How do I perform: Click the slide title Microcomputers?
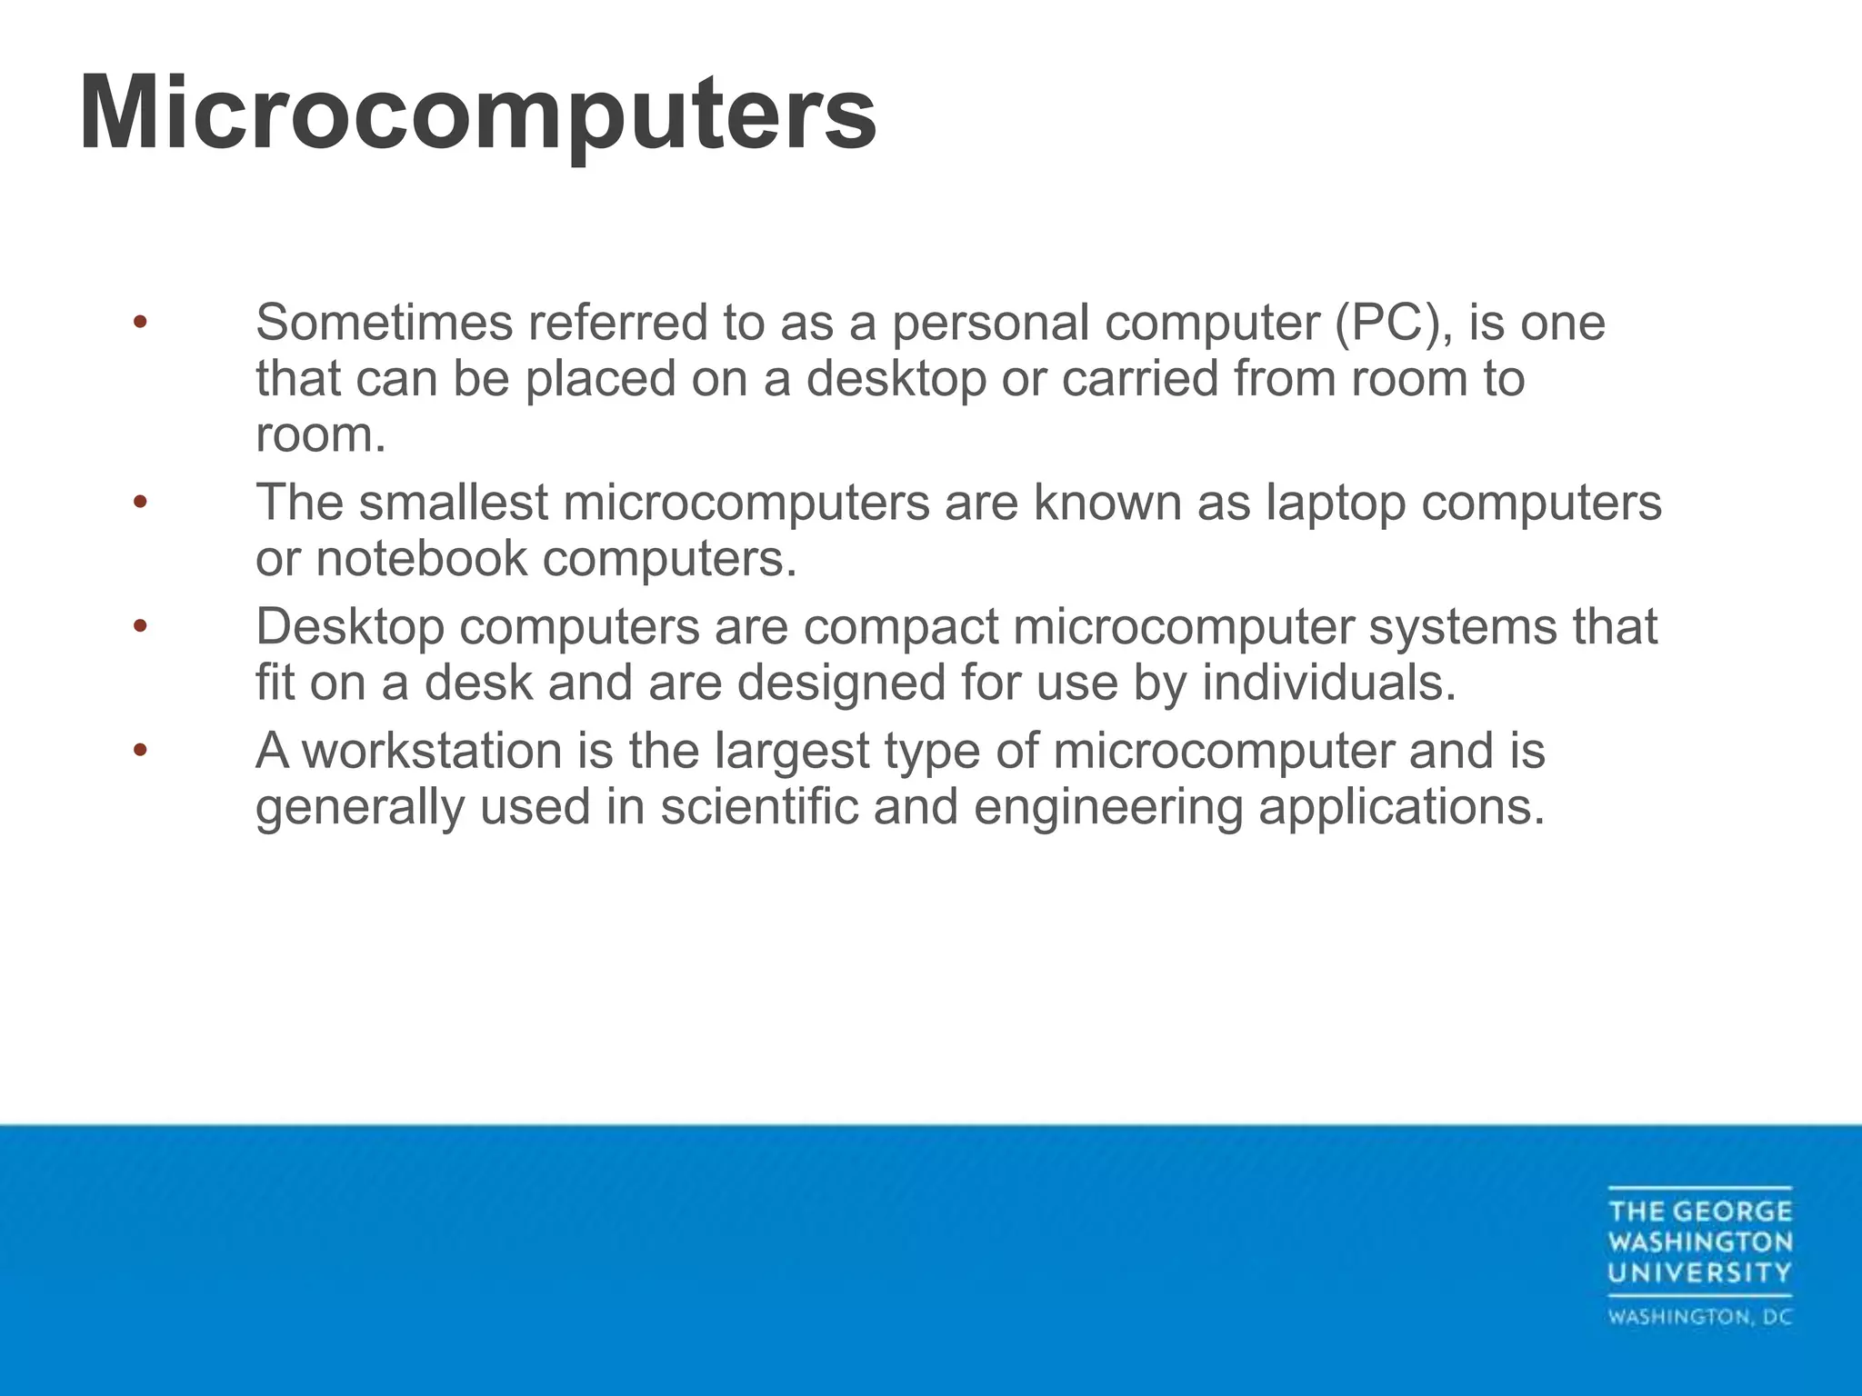coord(478,115)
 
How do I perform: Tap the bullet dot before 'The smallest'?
coord(139,502)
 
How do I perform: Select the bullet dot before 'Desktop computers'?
coord(139,626)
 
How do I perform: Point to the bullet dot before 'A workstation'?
coord(139,751)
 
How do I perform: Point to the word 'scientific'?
coord(759,807)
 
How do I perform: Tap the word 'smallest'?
coord(454,502)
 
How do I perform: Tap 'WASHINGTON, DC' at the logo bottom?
coord(1699,1317)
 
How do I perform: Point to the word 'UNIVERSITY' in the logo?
coord(1699,1272)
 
